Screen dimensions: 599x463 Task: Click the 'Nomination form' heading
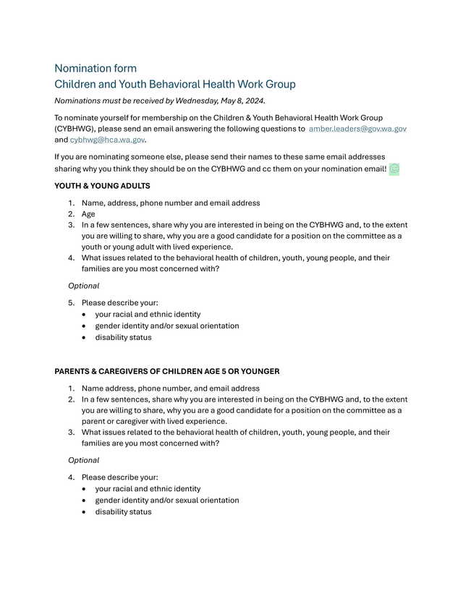point(95,69)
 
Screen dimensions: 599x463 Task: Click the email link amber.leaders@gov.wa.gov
point(357,129)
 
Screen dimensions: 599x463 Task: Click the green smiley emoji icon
point(394,169)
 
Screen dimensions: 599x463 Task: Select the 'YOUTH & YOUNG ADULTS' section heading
point(103,186)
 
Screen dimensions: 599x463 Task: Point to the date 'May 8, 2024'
point(240,101)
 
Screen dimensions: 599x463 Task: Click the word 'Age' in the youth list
point(88,214)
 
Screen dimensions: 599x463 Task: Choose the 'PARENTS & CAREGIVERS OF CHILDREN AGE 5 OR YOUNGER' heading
point(167,372)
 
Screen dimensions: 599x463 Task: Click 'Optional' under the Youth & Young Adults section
point(83,286)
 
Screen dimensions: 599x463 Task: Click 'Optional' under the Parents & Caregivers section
point(83,460)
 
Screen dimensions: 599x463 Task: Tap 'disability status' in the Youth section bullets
point(123,337)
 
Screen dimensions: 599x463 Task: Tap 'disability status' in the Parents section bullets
point(123,511)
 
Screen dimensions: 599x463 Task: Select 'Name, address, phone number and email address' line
point(171,203)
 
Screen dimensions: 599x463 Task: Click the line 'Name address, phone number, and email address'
point(171,388)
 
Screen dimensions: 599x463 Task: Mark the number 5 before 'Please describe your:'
point(71,303)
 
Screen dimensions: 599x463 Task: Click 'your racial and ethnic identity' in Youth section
point(148,315)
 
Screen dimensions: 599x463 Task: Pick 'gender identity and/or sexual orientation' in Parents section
point(167,500)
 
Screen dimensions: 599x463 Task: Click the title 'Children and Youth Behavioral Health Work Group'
point(175,85)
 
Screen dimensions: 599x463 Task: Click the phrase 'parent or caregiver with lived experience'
point(154,421)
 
